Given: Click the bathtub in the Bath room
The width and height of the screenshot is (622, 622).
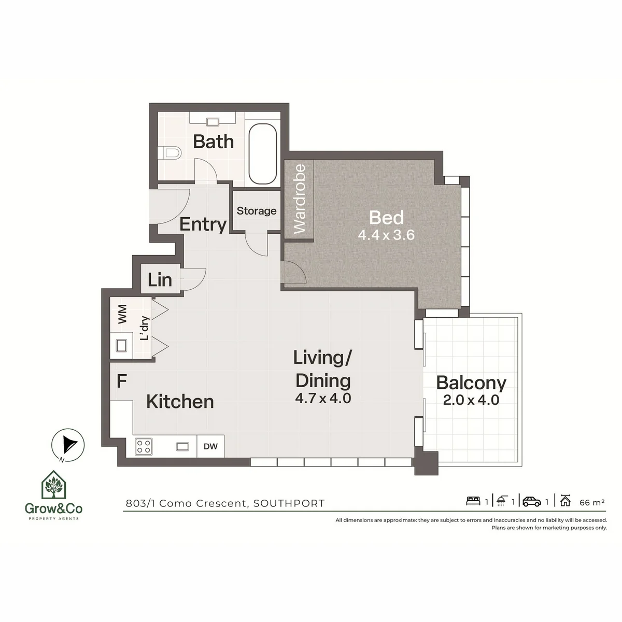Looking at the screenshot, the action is (x=262, y=153).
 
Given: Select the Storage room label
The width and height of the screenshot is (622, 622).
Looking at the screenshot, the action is (x=256, y=211).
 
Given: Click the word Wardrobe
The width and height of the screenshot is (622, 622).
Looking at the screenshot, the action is (x=300, y=199).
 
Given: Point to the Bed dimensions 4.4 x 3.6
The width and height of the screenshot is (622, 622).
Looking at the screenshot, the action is (x=386, y=235).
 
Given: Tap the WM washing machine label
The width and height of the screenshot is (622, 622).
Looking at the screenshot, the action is (x=122, y=314).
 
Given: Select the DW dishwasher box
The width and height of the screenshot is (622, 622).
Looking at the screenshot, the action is (x=210, y=446).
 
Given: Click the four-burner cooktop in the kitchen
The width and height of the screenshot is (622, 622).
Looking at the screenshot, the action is (x=144, y=446).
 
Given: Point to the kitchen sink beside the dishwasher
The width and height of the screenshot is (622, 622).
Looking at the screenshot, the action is (x=182, y=446).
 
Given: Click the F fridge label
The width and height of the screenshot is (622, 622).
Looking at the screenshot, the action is (x=121, y=381).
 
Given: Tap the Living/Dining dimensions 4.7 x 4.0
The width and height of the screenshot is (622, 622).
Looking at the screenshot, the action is (x=323, y=398).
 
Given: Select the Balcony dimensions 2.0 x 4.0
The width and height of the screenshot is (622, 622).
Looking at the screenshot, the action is (x=471, y=400).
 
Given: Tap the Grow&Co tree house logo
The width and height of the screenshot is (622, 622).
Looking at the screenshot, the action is (x=53, y=485).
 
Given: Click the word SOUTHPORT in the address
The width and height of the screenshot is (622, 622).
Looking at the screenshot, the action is (x=289, y=503).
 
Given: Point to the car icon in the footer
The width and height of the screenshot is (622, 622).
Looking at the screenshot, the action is (x=531, y=502).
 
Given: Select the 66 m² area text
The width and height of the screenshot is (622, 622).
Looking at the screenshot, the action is (x=592, y=502).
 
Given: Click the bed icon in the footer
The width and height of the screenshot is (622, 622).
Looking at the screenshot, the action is (x=473, y=501).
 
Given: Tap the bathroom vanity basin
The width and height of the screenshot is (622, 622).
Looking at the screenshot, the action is (x=213, y=122).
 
